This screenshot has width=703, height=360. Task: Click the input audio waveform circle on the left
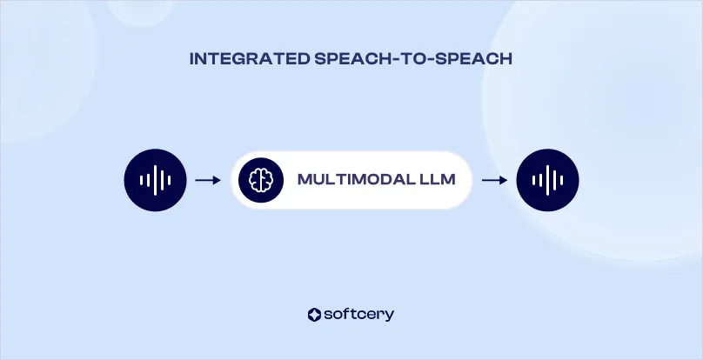tap(156, 180)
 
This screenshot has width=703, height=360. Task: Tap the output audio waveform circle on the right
tap(547, 180)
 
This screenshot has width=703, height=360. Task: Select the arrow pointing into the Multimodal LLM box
tap(207, 180)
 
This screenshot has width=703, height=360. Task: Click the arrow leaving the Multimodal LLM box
tap(494, 180)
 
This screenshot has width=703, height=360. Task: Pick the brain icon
tap(261, 180)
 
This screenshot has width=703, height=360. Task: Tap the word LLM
tap(432, 180)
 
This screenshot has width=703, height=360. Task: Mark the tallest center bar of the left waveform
tap(156, 180)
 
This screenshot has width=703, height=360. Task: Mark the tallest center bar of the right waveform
tap(547, 180)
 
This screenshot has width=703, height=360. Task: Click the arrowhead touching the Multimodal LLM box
tap(217, 180)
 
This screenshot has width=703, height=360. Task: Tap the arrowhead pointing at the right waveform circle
tap(504, 180)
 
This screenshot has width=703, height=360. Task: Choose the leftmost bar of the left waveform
tap(142, 180)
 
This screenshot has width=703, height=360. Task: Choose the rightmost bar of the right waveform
tap(561, 180)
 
